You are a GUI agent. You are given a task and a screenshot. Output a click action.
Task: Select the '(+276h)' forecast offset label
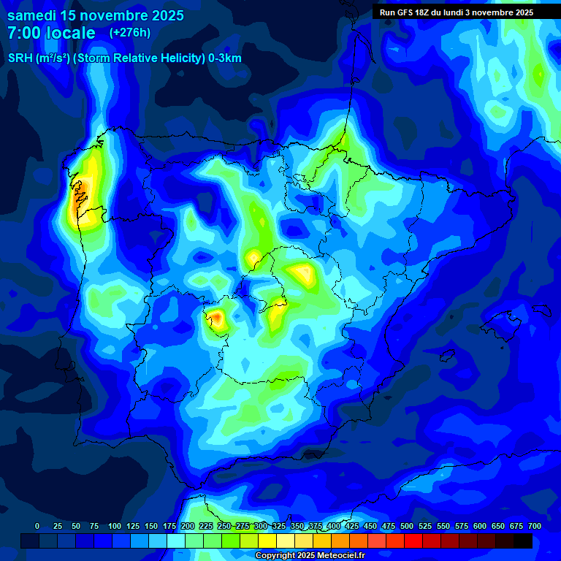click(x=129, y=32)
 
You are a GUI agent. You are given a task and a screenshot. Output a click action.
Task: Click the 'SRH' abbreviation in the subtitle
click(x=20, y=58)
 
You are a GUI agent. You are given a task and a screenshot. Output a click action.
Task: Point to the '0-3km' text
click(x=225, y=58)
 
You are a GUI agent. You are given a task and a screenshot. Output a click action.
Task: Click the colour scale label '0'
click(x=37, y=526)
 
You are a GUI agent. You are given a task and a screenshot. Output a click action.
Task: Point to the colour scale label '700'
click(x=534, y=526)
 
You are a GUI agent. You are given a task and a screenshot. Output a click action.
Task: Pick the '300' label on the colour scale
click(x=261, y=526)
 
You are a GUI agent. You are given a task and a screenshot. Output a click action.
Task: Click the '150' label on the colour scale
click(x=150, y=526)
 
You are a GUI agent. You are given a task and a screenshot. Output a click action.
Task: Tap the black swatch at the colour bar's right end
click(x=522, y=541)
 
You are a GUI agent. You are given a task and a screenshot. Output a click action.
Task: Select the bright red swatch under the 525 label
click(x=413, y=541)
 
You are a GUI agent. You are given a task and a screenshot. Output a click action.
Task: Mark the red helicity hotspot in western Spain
click(x=215, y=317)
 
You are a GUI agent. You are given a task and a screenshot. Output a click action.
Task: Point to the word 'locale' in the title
click(x=71, y=33)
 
